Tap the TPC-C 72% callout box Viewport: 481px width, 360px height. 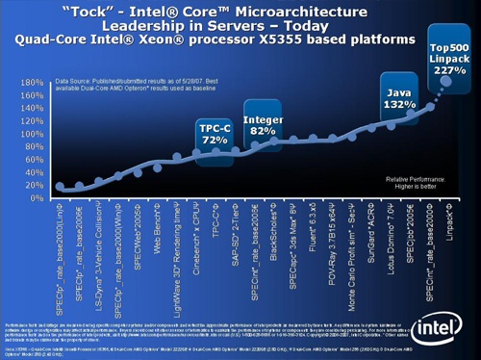pos(215,134)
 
